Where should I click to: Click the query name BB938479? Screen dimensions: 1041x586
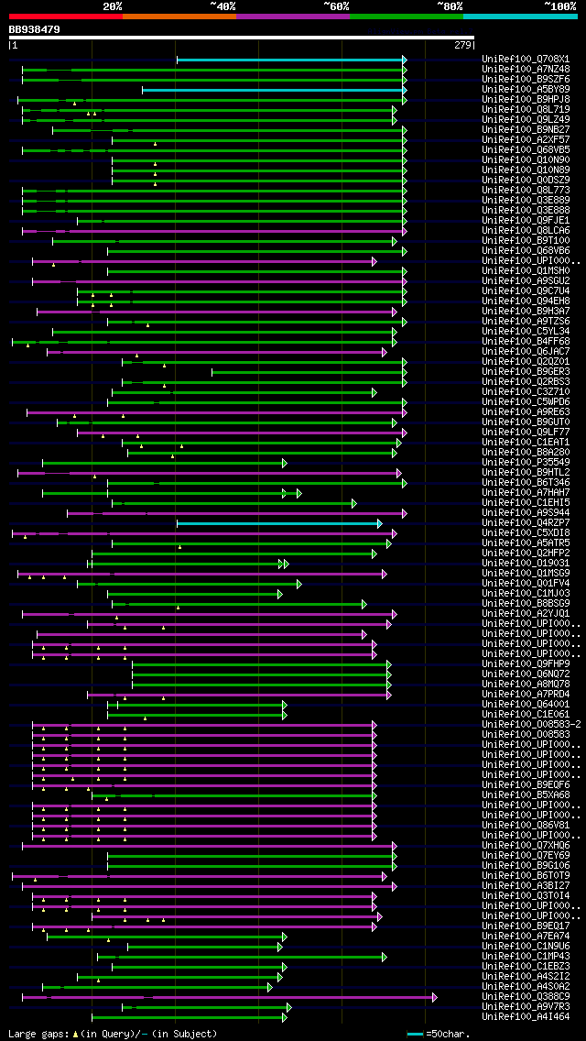35,29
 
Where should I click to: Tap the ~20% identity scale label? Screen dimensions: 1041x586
113,5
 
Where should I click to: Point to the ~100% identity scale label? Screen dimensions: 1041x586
559,5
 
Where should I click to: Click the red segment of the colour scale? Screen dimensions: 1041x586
65,16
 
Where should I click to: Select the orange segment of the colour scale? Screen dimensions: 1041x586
179,16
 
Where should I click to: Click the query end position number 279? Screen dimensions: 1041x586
461,44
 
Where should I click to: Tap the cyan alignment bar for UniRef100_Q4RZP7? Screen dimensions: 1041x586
278,523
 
